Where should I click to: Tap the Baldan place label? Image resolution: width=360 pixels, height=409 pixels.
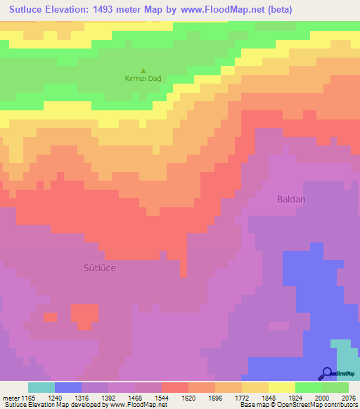(x=290, y=200)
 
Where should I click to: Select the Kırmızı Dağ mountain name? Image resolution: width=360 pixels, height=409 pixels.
(x=143, y=78)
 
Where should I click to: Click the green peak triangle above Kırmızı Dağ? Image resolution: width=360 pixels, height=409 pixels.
(x=143, y=70)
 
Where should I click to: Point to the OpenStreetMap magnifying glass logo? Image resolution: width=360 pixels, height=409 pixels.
(x=327, y=374)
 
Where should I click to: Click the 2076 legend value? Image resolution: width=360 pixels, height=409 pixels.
(x=349, y=398)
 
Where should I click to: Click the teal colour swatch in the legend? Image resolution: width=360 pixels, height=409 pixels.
(x=41, y=387)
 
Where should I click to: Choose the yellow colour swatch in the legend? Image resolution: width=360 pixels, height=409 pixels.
(x=281, y=387)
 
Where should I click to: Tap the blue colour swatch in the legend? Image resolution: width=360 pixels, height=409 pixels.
(x=68, y=387)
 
